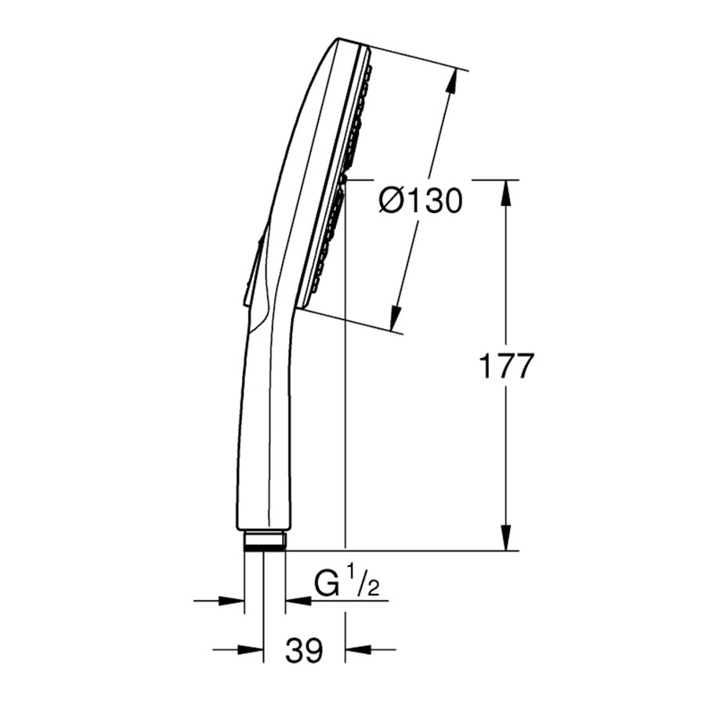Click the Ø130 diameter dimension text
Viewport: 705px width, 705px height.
click(419, 201)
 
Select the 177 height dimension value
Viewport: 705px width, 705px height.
click(505, 366)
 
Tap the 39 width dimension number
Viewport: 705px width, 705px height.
click(304, 650)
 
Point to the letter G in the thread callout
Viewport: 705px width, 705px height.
click(327, 584)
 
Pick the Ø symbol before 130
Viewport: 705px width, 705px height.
click(392, 201)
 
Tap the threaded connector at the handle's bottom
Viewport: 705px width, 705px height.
click(265, 540)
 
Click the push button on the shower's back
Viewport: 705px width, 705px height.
click(253, 266)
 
